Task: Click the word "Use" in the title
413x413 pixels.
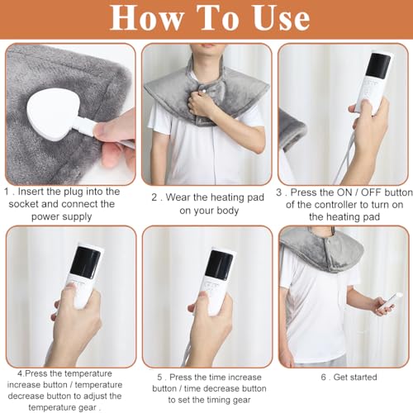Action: (x=282, y=18)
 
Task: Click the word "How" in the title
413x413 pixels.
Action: (x=146, y=18)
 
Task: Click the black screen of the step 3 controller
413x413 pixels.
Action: (x=380, y=66)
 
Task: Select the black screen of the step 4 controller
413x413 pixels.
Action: (x=85, y=262)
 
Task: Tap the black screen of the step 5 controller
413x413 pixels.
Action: (x=220, y=265)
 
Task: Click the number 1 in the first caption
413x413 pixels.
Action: (x=7, y=192)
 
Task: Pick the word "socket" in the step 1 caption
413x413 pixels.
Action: (x=24, y=204)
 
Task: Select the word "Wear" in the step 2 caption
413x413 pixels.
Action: (x=178, y=197)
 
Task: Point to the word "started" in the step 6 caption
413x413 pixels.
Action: (x=363, y=377)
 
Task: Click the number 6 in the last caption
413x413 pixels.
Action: (x=324, y=377)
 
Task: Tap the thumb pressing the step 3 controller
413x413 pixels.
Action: (x=364, y=107)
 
